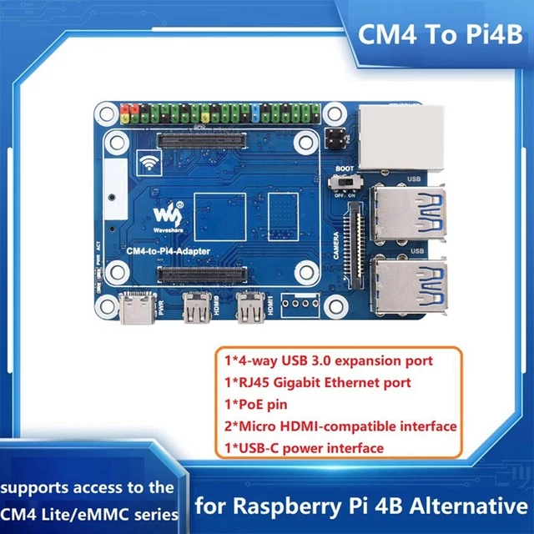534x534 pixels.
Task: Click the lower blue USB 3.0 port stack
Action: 406,283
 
